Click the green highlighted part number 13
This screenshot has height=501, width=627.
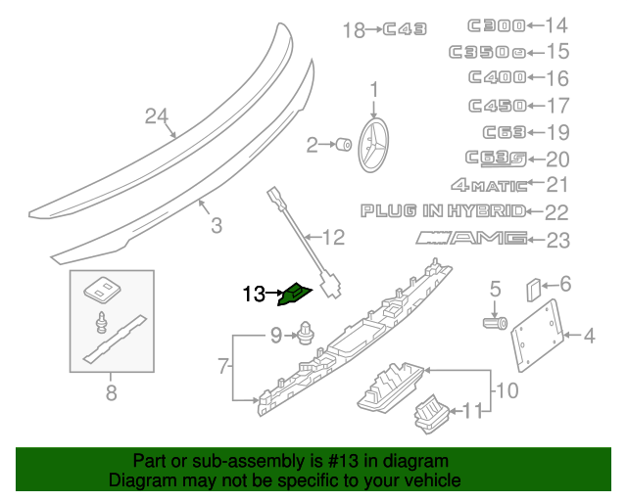point(296,292)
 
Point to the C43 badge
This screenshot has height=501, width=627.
point(405,30)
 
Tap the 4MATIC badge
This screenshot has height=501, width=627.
point(487,183)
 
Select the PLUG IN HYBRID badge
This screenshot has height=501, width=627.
point(443,210)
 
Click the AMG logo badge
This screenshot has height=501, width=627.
point(470,237)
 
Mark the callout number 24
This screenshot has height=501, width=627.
point(157,116)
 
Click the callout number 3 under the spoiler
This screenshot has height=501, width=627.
point(217,227)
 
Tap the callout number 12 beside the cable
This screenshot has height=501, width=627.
point(333,237)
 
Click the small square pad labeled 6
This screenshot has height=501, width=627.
point(534,289)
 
